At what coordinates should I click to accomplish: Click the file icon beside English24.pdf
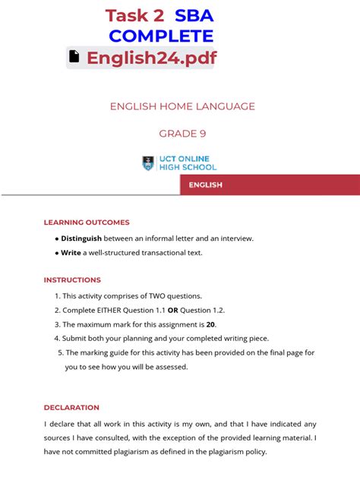74,57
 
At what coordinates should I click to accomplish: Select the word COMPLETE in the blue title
161,36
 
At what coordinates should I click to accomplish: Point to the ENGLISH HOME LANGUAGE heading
182,106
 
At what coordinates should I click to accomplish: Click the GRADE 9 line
182,134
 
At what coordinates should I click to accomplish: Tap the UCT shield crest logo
148,163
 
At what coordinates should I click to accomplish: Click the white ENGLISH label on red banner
205,185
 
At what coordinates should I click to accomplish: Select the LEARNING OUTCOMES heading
87,223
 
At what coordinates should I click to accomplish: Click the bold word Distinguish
81,238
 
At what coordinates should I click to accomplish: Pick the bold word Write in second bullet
71,253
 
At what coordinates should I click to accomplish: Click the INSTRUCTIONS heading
72,280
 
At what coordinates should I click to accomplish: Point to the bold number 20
210,325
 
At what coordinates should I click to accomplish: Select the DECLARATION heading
71,407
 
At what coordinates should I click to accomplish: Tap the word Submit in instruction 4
76,339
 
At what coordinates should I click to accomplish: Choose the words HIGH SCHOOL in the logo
188,167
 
